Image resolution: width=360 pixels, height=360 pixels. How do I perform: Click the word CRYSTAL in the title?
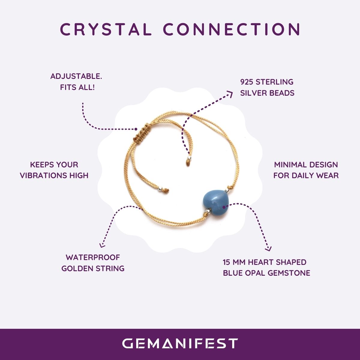click(106, 29)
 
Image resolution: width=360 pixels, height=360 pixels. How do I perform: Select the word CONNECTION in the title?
click(232, 29)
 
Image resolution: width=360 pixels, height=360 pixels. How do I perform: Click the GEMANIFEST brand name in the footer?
click(180, 343)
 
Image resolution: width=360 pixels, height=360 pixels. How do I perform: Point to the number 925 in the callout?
click(247, 82)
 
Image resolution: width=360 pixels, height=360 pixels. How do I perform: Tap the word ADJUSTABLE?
click(76, 76)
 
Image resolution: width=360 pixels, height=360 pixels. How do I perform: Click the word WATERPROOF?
click(93, 257)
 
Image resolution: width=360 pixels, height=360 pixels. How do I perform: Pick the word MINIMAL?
click(290, 165)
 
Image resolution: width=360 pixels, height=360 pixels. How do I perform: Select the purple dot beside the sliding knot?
click(136, 129)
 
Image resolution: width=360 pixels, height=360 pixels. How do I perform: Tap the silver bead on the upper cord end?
click(189, 158)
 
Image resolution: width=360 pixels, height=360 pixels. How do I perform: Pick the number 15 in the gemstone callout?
click(226, 262)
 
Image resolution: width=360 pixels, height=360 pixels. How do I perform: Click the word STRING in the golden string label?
click(110, 268)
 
